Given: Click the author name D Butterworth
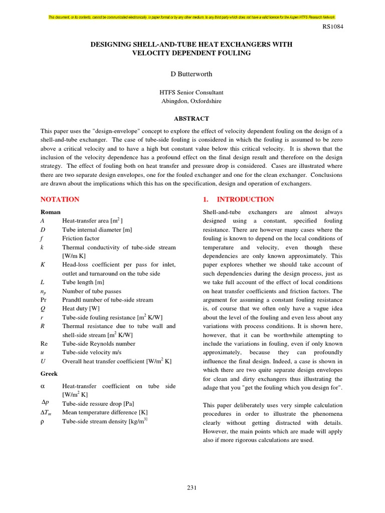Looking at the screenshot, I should pos(191,74).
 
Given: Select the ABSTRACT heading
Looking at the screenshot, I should pos(191,119).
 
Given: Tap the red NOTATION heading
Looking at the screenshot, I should pos(60,199).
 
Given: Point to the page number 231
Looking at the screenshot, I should pos(192,488).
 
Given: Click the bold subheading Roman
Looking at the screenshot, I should pos(50,212).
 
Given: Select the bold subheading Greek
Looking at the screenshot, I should pos(49,374).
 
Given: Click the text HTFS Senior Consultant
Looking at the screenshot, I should pos(191,92).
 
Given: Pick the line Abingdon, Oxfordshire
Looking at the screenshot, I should pos(191,101).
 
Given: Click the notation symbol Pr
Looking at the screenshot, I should pos(44,300).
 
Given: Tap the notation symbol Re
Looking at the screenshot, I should pos(44,344).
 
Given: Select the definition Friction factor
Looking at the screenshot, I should pos(81,238).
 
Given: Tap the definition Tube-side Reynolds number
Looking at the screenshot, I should pos(99,344).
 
